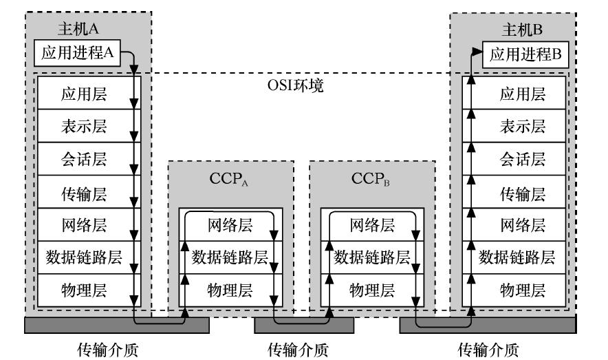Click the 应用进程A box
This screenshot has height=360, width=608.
pyautogui.click(x=80, y=54)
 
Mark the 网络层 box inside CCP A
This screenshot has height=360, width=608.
pyautogui.click(x=229, y=224)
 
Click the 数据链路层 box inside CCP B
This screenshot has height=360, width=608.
pyautogui.click(x=371, y=257)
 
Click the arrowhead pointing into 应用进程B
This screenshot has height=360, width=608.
pyautogui.click(x=477, y=51)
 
